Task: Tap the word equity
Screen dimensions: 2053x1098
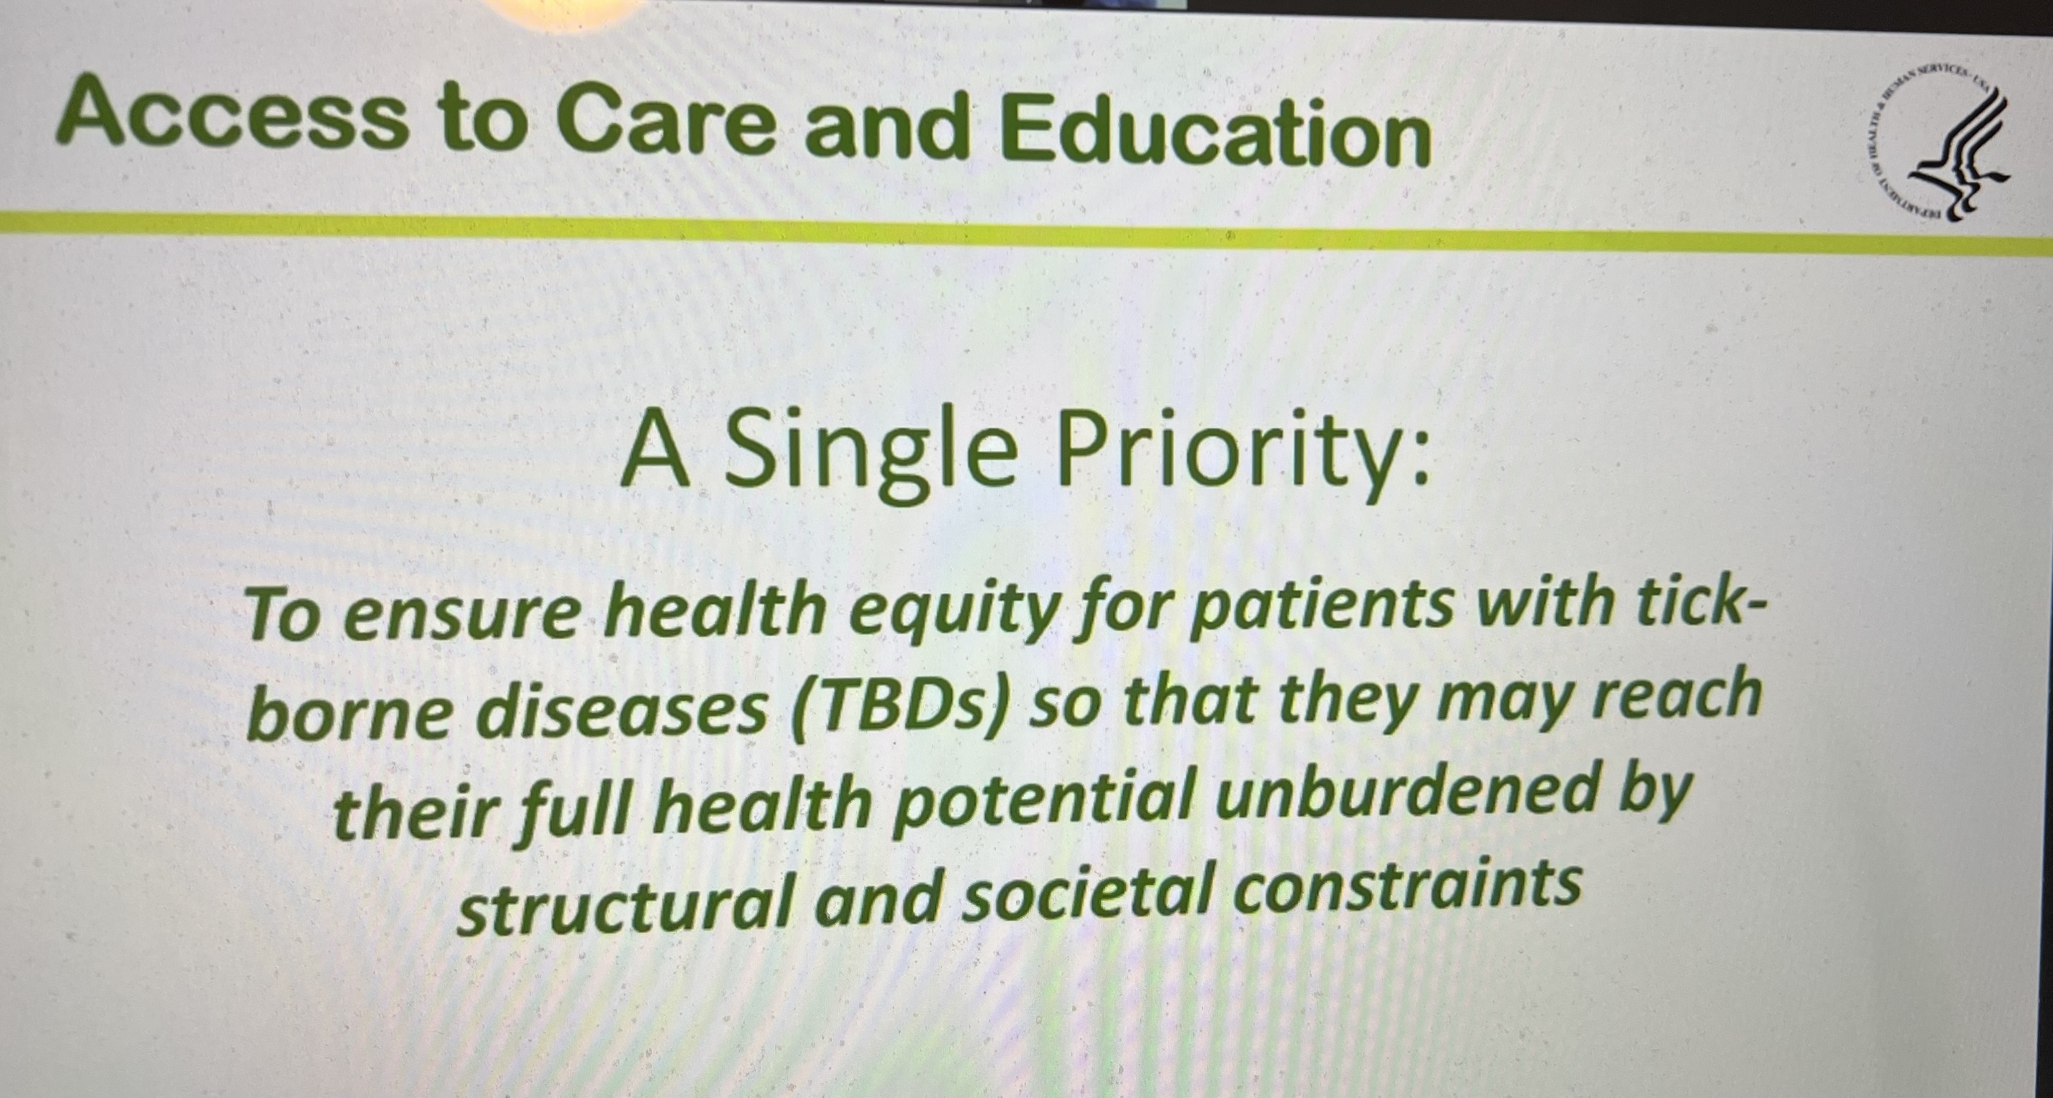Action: (945, 614)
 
